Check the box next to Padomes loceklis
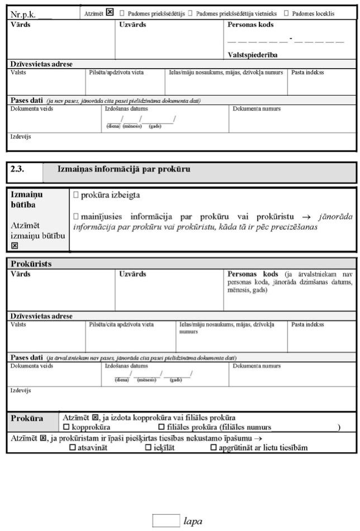point(287,12)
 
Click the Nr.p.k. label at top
point(23,14)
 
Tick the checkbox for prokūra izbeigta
point(76,196)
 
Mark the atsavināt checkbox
point(72,448)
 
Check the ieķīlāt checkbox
point(148,448)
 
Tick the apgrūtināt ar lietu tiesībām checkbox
point(213,448)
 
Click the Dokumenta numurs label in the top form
point(257,108)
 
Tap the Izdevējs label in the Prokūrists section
point(20,390)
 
